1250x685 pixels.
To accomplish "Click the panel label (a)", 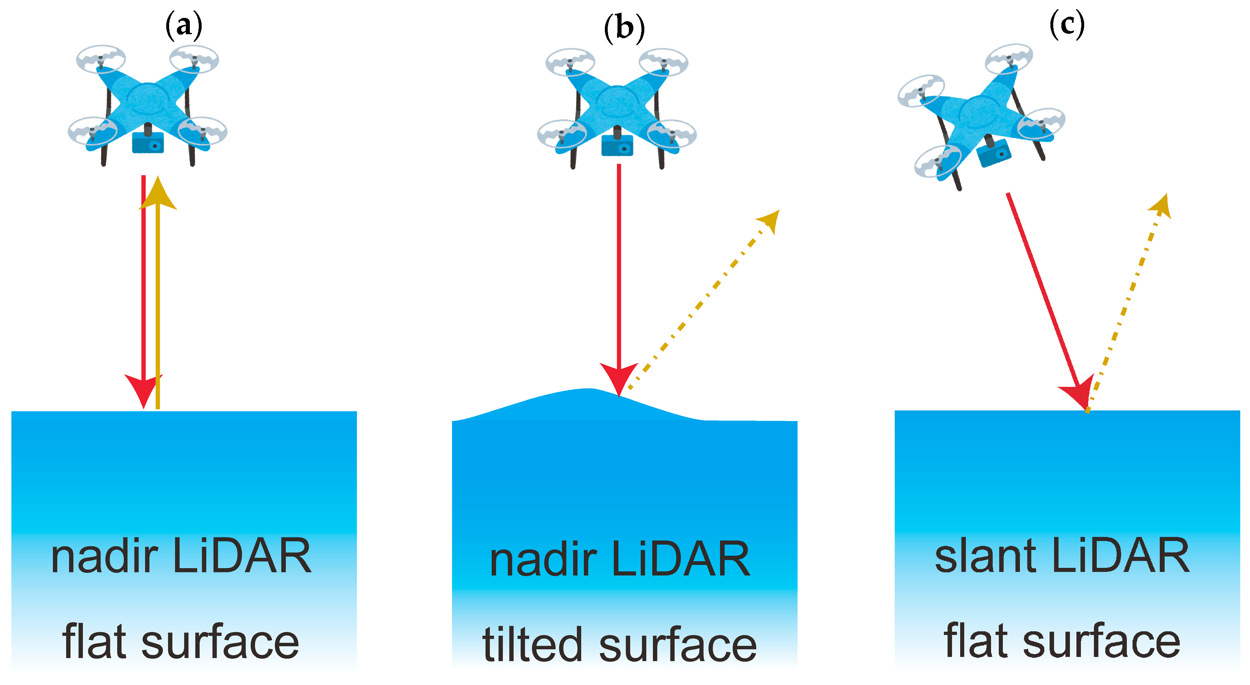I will pos(183,26).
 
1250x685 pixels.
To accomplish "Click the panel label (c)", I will pos(1067,24).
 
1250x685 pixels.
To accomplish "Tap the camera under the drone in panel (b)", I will pos(617,146).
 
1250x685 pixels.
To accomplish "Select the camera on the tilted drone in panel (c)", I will pos(994,153).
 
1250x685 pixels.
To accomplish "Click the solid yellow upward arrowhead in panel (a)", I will pos(158,194).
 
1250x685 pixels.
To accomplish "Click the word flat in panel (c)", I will pos(975,640).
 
